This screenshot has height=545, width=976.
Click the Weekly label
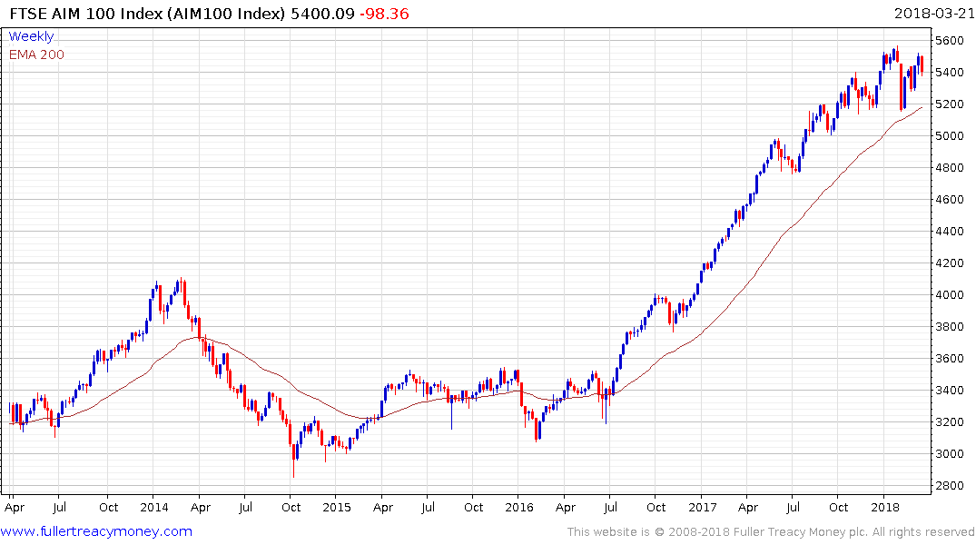31,36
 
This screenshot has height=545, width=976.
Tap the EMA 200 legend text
36,54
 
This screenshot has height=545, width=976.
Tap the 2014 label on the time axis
153,506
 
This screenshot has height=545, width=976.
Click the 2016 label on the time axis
518,506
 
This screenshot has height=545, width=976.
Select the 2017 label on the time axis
702,506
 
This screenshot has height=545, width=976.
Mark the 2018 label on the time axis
884,506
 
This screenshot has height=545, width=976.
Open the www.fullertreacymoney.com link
97,531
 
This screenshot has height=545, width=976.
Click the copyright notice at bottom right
771,531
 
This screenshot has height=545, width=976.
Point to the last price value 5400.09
318,14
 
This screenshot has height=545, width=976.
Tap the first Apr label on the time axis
15,506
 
